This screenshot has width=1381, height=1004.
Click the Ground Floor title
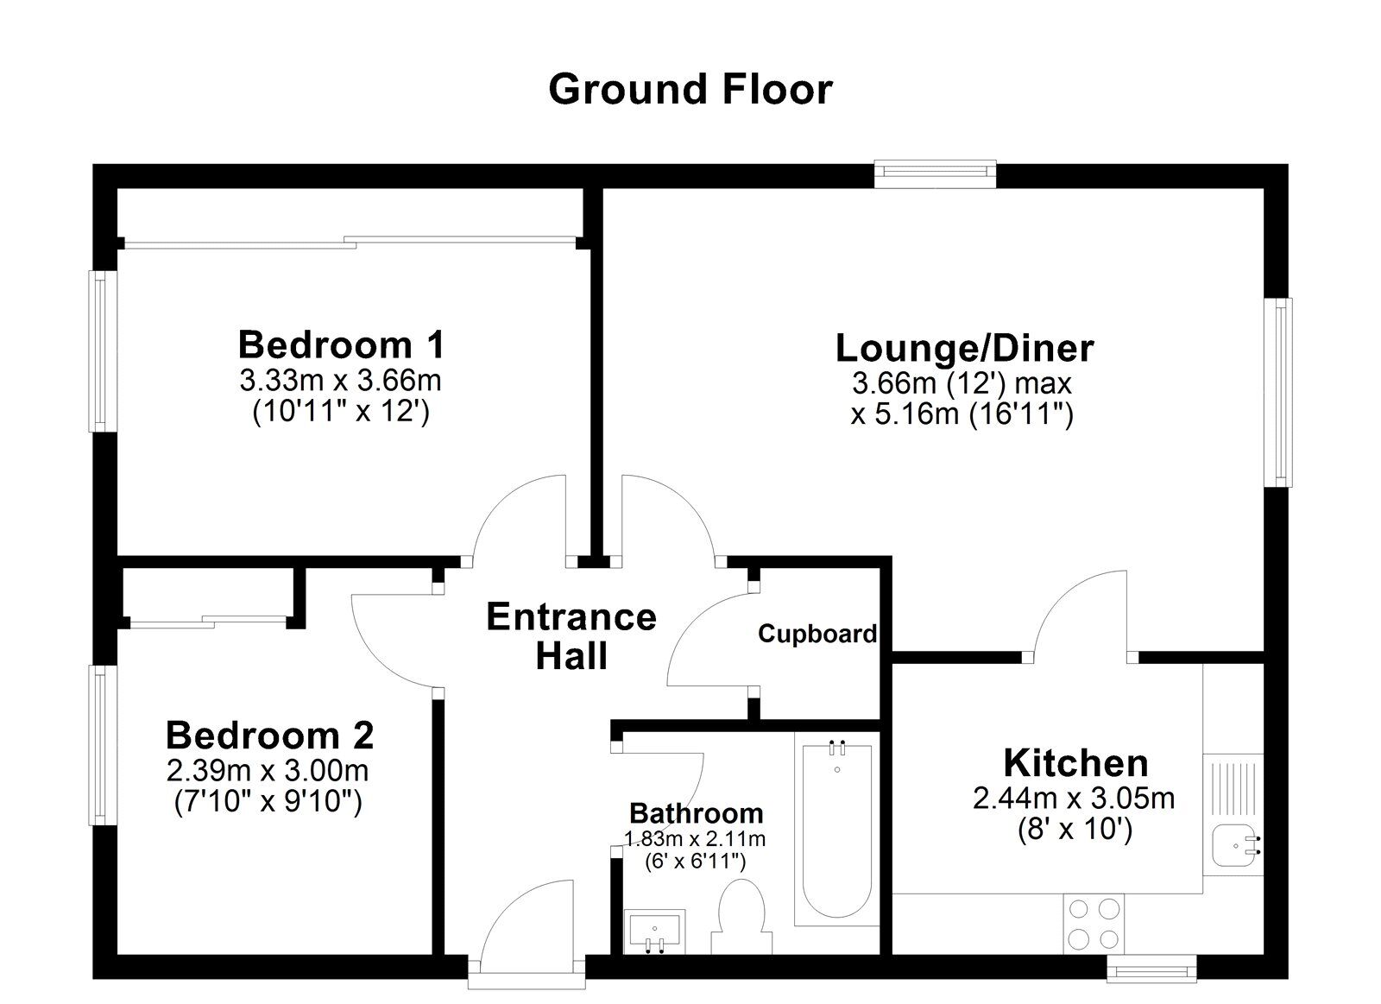[x=690, y=89]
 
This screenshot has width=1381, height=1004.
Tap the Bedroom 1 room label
[x=341, y=344]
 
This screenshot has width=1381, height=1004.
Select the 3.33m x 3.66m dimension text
[x=341, y=380]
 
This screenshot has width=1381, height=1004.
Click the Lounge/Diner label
[x=964, y=348]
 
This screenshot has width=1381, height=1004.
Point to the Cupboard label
[x=817, y=635]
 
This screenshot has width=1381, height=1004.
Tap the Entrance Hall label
[x=571, y=636]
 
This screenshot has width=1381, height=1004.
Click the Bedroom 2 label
[x=269, y=736]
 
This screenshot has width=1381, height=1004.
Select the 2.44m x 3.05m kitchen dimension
[x=1074, y=799]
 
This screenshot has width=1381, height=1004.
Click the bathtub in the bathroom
[x=836, y=833]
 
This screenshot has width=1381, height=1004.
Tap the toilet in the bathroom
[x=741, y=915]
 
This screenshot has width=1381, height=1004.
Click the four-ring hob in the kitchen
[x=1094, y=924]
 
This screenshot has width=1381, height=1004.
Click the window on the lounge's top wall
[x=935, y=174]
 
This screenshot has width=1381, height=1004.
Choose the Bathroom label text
[x=696, y=813]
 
